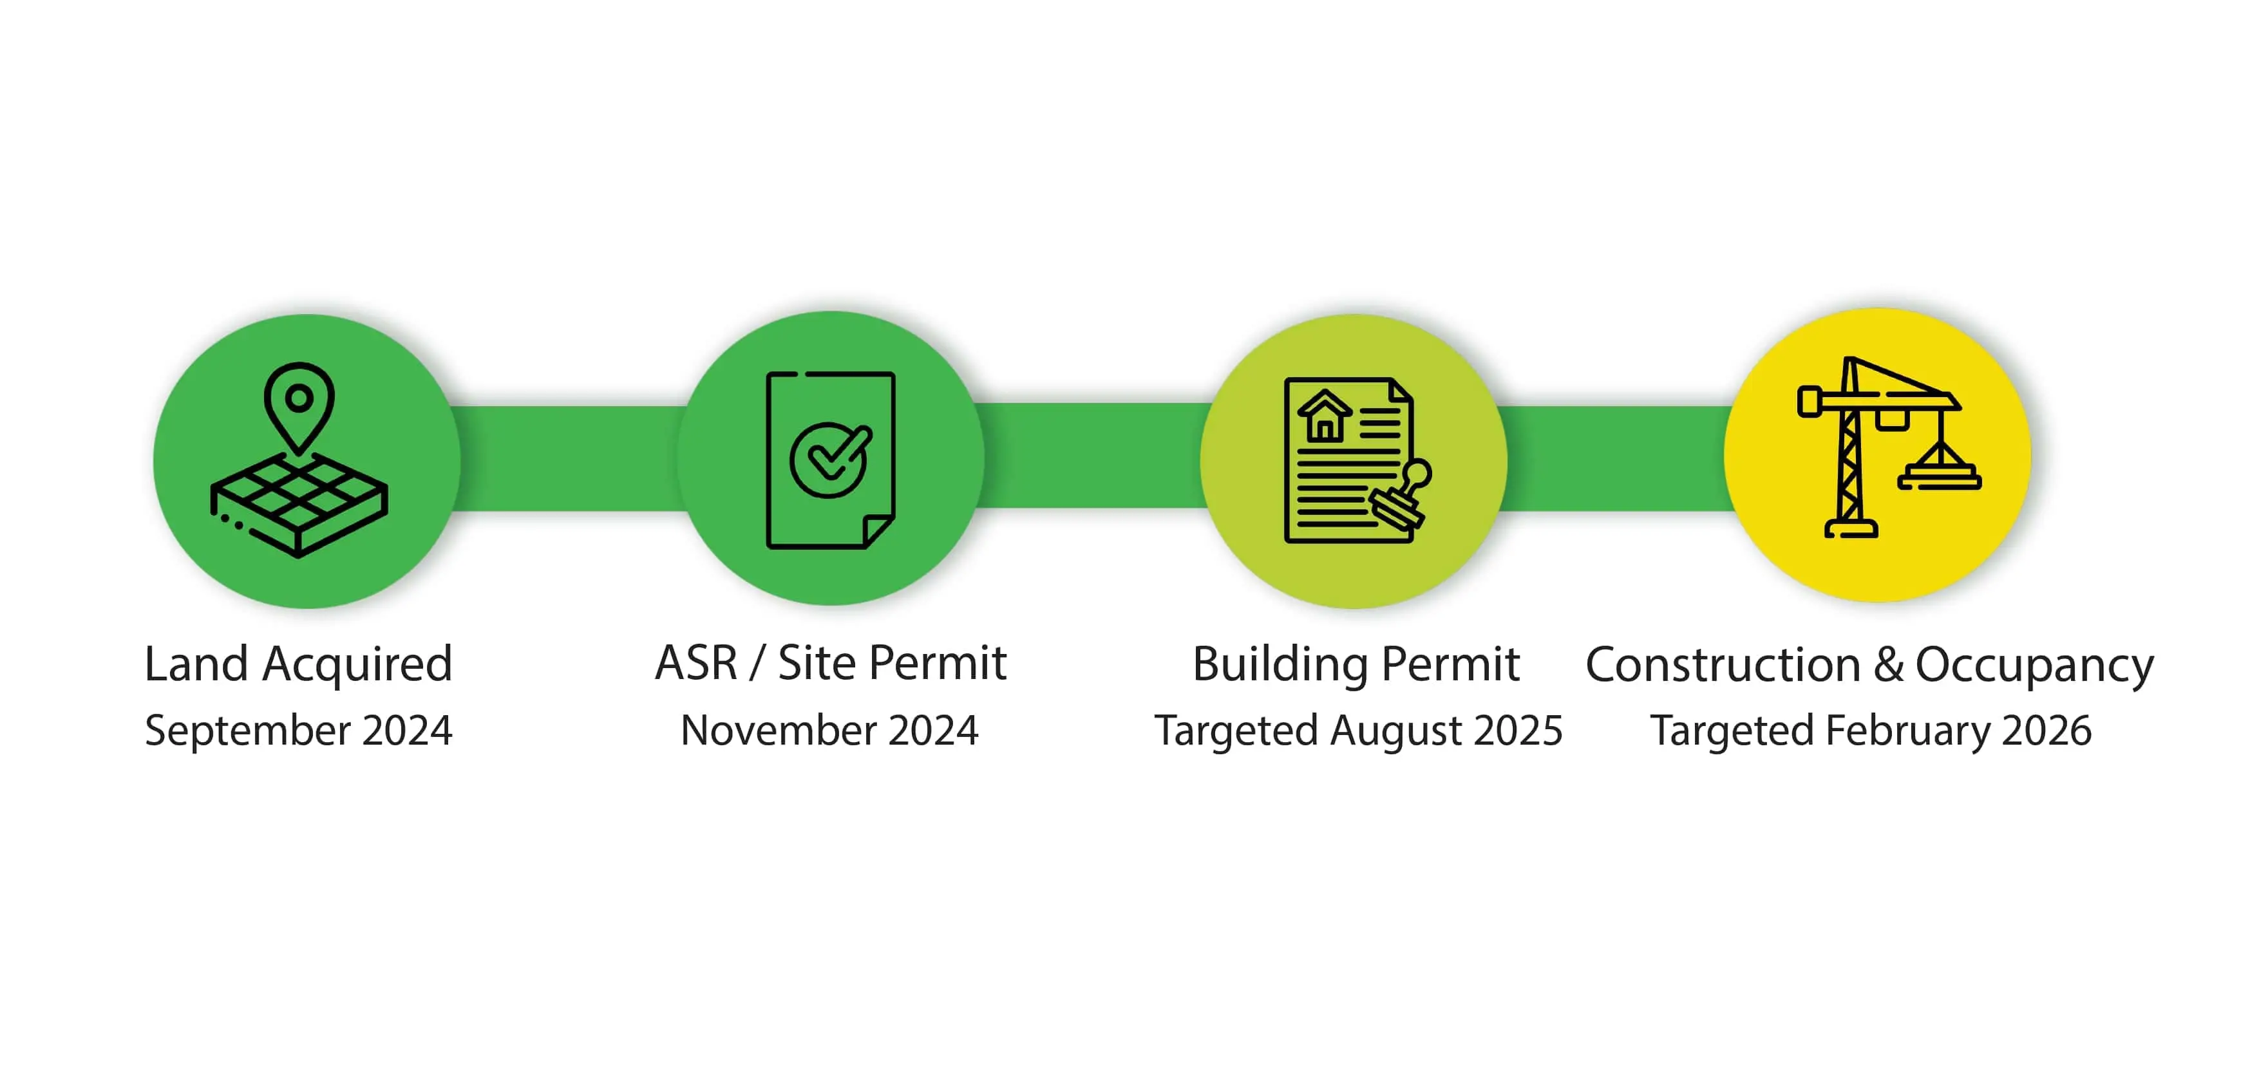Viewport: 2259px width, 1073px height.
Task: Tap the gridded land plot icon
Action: [x=299, y=506]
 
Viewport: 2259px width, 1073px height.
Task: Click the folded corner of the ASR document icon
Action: [x=878, y=531]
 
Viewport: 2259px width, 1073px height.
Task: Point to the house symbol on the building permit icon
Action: [x=1324, y=416]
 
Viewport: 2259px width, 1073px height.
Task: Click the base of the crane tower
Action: [x=1850, y=528]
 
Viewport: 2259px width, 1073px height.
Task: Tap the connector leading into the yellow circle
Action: [x=1615, y=458]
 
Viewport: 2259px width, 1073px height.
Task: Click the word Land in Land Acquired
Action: [x=196, y=664]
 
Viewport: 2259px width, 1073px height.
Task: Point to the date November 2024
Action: [x=829, y=730]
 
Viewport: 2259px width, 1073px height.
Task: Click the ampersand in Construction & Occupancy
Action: [x=1889, y=664]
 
